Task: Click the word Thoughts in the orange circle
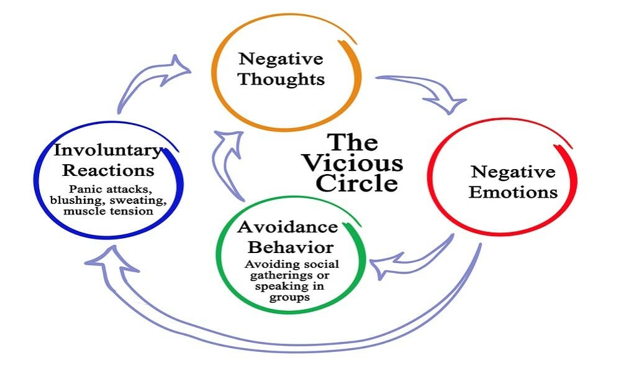pos(281,80)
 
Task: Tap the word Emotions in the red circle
pos(513,192)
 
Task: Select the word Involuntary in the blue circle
pos(108,150)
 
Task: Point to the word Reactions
pos(107,170)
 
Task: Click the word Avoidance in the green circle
pos(288,226)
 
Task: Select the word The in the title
pos(352,142)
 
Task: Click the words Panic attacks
pos(108,188)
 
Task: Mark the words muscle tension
pos(108,210)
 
